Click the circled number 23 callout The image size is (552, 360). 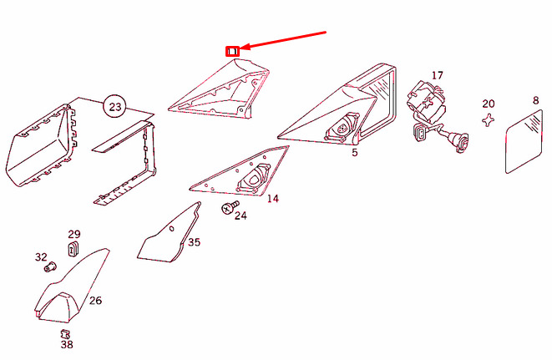(114, 106)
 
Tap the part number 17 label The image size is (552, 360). (438, 75)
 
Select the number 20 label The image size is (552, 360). (489, 104)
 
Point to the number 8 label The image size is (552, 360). (535, 101)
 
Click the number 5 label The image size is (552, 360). (355, 153)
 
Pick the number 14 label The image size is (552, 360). (273, 199)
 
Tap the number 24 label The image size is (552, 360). (241, 215)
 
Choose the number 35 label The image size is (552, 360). (194, 242)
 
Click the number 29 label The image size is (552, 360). (74, 234)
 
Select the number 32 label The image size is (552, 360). (41, 257)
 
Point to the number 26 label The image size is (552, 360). (95, 301)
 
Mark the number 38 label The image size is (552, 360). (67, 344)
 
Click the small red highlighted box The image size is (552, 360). (232, 52)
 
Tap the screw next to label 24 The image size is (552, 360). (230, 207)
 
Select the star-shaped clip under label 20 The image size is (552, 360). (488, 120)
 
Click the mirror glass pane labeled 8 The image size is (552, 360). (524, 142)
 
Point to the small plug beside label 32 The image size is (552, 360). (49, 267)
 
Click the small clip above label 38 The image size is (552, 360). (65, 333)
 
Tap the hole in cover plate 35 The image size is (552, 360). (172, 229)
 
